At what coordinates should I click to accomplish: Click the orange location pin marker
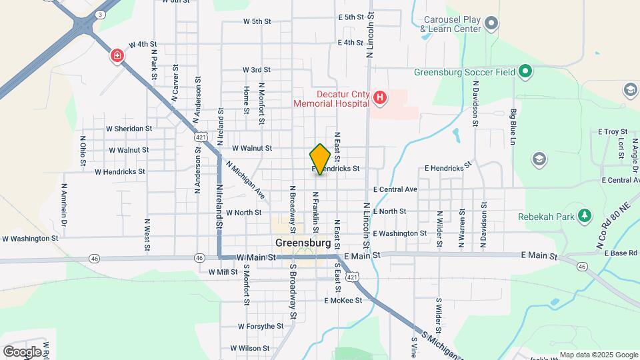coord(320,159)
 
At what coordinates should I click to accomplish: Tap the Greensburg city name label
coord(303,243)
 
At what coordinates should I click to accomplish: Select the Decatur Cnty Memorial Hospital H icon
coord(380,99)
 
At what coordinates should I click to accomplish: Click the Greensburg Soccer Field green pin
coord(525,71)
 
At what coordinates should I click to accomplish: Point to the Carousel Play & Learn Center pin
coord(491,25)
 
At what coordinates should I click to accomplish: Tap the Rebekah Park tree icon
coord(585,216)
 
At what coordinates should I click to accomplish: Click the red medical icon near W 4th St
coord(118,55)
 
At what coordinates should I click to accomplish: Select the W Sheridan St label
coord(129,129)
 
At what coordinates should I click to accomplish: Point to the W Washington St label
coord(30,238)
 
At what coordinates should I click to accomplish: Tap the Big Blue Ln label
coord(514,127)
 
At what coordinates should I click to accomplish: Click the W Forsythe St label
coord(261,327)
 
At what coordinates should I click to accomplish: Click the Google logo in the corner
coord(22,351)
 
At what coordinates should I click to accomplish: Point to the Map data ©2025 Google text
coord(599,355)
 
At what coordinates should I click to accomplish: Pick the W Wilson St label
coord(250,348)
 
